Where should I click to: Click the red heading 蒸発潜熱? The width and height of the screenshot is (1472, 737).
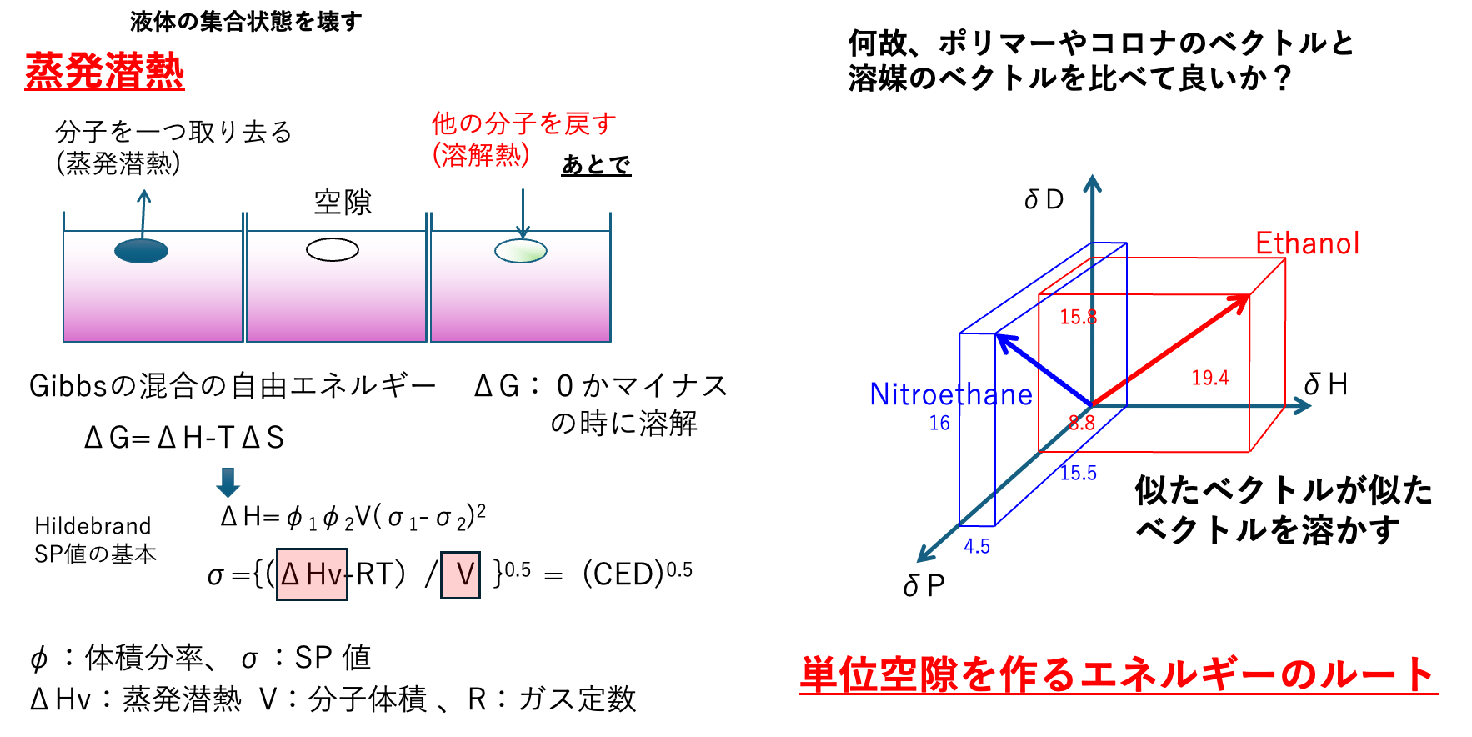104,71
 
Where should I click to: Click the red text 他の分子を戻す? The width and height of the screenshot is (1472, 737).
523,123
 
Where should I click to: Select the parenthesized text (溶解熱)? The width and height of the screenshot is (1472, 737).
481,154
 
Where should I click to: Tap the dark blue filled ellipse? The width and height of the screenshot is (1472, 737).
141,250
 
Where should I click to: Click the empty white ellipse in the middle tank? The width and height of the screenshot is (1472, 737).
333,249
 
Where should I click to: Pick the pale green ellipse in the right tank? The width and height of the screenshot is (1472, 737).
521,251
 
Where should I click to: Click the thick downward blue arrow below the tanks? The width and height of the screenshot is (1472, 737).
228,483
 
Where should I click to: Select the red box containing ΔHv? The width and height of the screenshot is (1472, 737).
312,574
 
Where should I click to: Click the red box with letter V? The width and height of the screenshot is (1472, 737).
460,574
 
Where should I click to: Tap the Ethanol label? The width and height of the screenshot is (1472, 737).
1307,243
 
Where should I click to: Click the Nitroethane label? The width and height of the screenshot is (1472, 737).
950,394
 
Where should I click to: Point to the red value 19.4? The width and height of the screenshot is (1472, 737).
1209,378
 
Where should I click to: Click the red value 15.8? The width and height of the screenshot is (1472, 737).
1078,317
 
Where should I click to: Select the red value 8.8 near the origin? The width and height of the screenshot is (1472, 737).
1081,423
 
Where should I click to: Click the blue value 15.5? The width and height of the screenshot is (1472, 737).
1078,473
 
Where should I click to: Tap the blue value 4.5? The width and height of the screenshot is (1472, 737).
977,546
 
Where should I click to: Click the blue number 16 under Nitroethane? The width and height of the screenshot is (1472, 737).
939,423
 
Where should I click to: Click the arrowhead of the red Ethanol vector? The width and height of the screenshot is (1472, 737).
1242,301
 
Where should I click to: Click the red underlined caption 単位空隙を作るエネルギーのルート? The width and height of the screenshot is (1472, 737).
1117,674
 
